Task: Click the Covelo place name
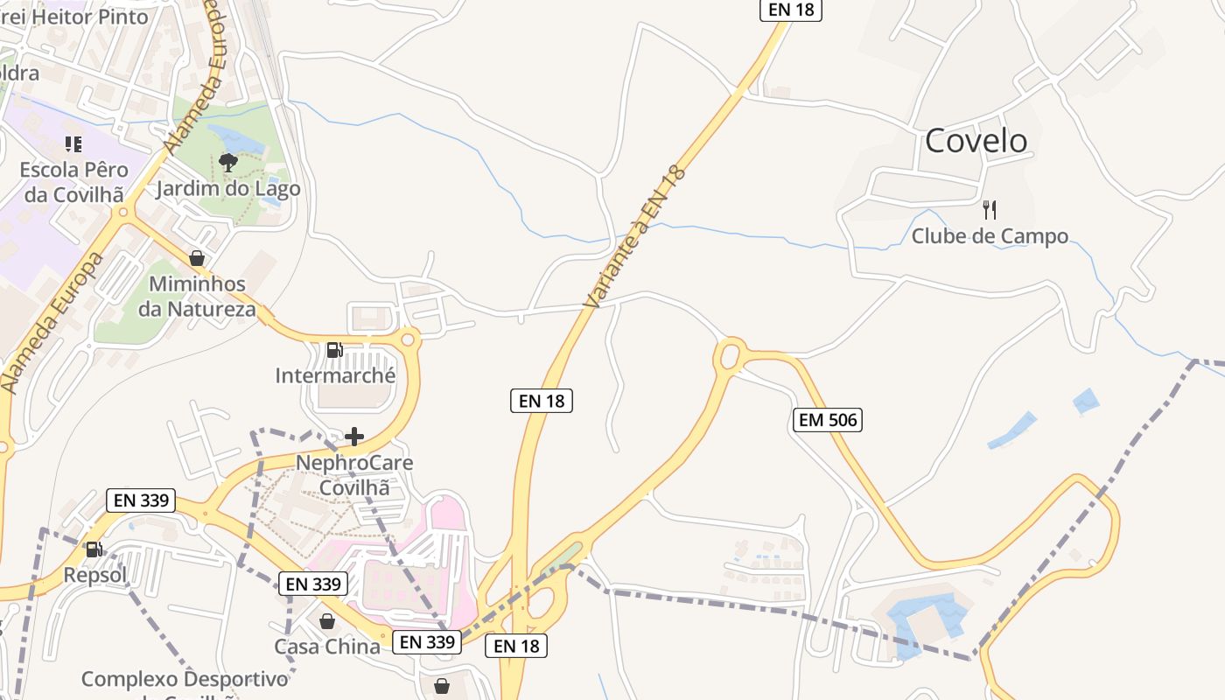(x=976, y=141)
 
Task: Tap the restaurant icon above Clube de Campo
(x=990, y=210)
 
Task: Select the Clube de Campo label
(x=990, y=236)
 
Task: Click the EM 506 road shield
(x=828, y=420)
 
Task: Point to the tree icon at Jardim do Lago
(x=227, y=162)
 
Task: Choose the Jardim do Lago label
(x=227, y=189)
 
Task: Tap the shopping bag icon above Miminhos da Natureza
(x=197, y=258)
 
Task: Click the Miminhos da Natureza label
(x=197, y=297)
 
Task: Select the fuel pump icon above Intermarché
(x=334, y=350)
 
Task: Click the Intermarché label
(x=335, y=376)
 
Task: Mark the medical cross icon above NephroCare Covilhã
(x=354, y=437)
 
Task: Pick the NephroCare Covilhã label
(x=353, y=475)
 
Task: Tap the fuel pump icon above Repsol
(x=94, y=549)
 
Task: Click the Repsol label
(x=94, y=575)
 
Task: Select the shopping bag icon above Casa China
(x=327, y=621)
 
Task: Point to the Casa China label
(x=327, y=647)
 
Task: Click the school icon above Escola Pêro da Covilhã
(x=73, y=143)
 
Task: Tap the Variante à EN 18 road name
(x=636, y=236)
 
